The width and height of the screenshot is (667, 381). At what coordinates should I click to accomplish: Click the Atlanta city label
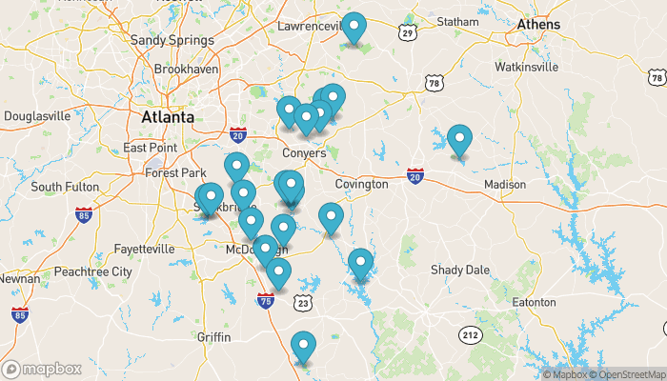pyautogui.click(x=167, y=117)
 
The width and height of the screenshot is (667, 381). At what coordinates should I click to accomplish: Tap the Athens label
pyautogui.click(x=538, y=24)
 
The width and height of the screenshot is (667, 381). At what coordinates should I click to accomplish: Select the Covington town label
pyautogui.click(x=361, y=184)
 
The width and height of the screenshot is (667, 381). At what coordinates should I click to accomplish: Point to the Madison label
pyautogui.click(x=504, y=184)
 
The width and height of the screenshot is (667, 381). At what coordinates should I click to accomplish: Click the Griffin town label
pyautogui.click(x=214, y=337)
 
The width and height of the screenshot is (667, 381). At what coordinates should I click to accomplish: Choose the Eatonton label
pyautogui.click(x=534, y=302)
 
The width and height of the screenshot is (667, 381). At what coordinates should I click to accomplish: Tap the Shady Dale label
pyautogui.click(x=460, y=270)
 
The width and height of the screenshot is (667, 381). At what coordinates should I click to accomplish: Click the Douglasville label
pyautogui.click(x=37, y=116)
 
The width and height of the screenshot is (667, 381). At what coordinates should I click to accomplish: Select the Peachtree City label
pyautogui.click(x=92, y=271)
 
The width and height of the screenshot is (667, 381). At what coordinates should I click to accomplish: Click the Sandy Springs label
pyautogui.click(x=172, y=40)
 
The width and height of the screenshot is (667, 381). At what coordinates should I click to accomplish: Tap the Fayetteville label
pyautogui.click(x=144, y=249)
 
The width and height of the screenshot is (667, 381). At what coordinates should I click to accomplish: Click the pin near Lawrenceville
pyautogui.click(x=354, y=28)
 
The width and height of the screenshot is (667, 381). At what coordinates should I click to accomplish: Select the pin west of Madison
pyautogui.click(x=460, y=140)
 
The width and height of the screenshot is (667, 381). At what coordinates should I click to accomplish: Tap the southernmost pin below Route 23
pyautogui.click(x=303, y=347)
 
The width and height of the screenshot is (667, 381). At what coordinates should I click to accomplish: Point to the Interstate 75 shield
pyautogui.click(x=266, y=301)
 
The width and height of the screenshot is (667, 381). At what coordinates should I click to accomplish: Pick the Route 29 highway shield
pyautogui.click(x=408, y=34)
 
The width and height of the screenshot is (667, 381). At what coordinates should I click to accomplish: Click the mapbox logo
pyautogui.click(x=42, y=369)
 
